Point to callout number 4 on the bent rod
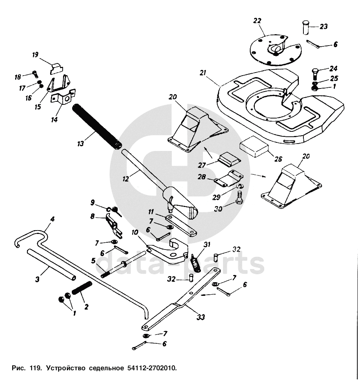click(x=52, y=219)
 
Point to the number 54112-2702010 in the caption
click(x=151, y=368)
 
